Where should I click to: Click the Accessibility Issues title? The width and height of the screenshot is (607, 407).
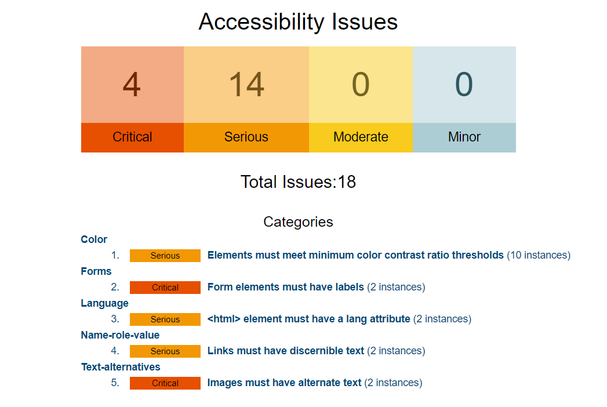point(298,21)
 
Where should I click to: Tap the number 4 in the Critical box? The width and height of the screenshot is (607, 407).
point(132,85)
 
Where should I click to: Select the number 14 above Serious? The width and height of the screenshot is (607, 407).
point(246,85)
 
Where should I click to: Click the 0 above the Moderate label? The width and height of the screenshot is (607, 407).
point(361,85)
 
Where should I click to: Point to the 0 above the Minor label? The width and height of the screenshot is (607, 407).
point(464,85)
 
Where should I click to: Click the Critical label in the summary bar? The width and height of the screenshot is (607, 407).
point(132,137)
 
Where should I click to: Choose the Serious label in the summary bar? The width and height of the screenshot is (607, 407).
point(246,137)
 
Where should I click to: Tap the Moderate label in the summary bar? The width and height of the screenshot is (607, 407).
point(361,137)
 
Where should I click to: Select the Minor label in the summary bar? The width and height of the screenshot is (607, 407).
point(464,137)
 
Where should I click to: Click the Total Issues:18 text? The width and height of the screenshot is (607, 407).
point(298,182)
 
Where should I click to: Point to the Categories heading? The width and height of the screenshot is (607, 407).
point(298,222)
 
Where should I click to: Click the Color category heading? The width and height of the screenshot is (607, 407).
point(94,239)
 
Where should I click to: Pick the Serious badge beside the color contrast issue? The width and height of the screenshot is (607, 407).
point(165,256)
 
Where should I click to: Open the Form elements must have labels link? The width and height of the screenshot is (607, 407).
point(286,287)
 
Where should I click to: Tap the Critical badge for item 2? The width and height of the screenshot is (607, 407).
point(165,288)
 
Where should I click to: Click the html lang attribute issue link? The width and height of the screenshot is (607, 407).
point(309,319)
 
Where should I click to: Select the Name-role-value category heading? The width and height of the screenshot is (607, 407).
point(120,335)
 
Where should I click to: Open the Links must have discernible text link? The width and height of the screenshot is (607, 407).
point(286,351)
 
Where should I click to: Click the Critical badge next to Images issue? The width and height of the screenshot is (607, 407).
point(165,383)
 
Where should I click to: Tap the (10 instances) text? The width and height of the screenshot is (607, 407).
point(539,255)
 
